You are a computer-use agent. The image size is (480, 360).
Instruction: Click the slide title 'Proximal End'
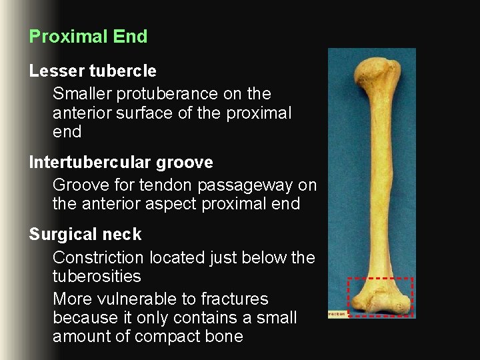[x=88, y=37]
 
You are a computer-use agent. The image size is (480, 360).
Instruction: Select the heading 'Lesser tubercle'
[x=93, y=71]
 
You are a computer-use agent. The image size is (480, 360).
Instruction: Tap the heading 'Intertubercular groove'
[x=121, y=162]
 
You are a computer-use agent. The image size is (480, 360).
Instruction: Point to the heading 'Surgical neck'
[x=85, y=235]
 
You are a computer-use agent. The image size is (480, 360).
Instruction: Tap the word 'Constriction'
[x=98, y=258]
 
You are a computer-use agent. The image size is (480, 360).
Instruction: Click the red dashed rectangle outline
[x=381, y=278]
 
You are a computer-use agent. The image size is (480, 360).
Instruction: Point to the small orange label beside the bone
[x=337, y=313]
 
